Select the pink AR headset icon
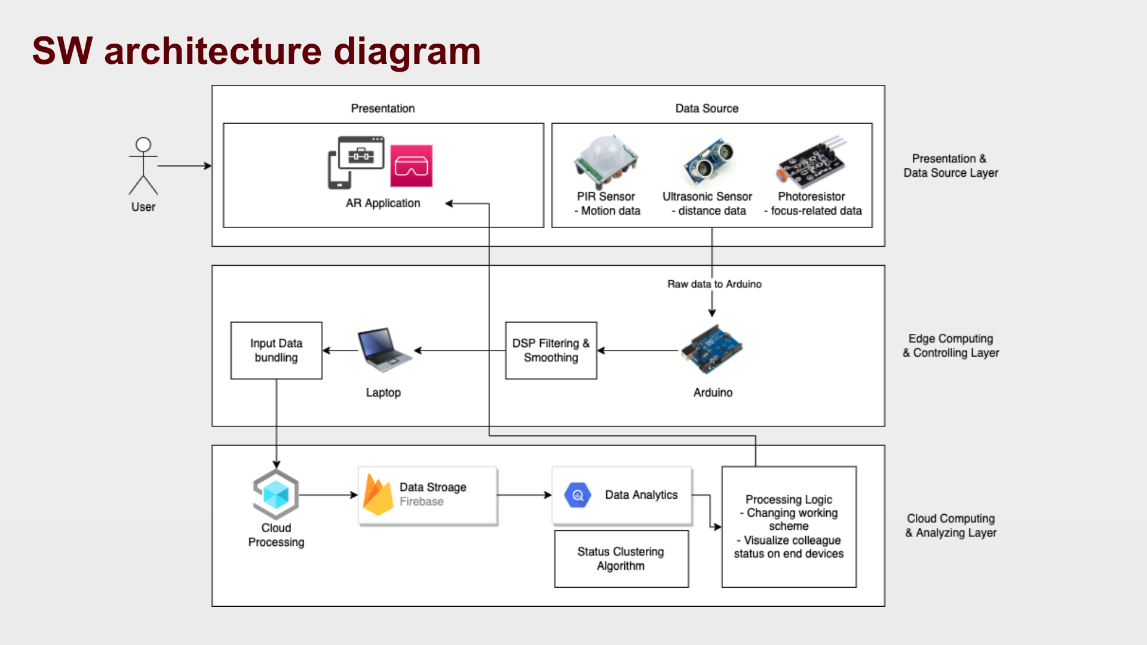point(411,166)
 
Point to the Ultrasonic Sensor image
point(709,161)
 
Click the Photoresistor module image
point(812,160)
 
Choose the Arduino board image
point(712,350)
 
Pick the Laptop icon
point(384,350)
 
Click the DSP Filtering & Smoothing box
point(551,351)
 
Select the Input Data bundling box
point(276,351)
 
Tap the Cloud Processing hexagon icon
point(276,494)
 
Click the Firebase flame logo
point(378,494)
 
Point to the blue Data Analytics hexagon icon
point(578,495)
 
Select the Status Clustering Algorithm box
point(621,559)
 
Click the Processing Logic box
point(789,527)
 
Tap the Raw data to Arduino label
point(714,284)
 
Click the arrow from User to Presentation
point(184,166)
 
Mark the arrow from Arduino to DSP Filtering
point(639,351)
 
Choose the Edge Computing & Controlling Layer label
point(950,346)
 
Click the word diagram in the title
point(407,52)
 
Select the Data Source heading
point(707,109)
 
